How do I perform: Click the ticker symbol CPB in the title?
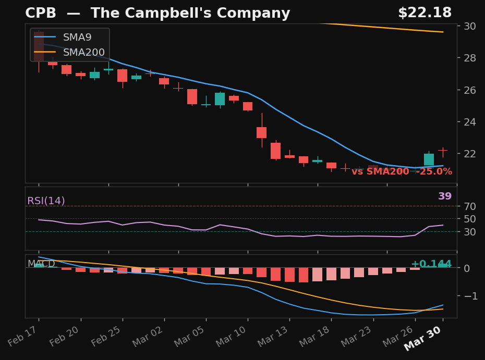41,14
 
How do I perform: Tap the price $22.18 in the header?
425,13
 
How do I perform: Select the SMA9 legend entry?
77,38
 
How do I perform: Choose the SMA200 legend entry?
83,53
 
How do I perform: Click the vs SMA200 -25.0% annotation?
402,171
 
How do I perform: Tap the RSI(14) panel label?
46,201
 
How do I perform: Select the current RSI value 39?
445,196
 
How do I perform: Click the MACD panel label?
41,264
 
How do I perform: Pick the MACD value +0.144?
431,264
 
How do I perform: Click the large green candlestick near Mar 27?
429,159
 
